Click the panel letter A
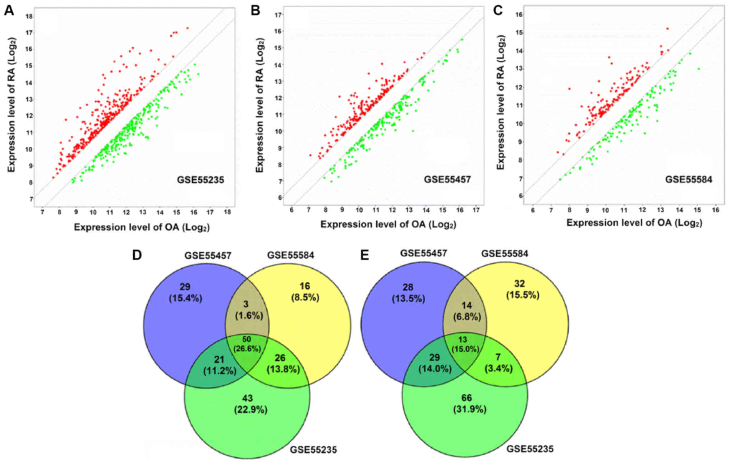coord(9,10)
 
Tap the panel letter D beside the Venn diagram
coord(137,255)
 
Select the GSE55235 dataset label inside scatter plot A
coord(200,180)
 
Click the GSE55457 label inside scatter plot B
coord(447,179)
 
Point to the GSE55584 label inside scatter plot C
coord(688,179)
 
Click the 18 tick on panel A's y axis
coord(29,16)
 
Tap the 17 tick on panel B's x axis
coord(476,209)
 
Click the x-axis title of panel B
coord(388,224)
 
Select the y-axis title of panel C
coord(500,102)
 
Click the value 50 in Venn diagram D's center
coord(247,339)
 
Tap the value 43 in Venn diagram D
coord(247,398)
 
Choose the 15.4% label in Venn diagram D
coord(185,298)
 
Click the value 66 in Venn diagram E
coord(467,398)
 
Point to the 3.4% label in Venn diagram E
coord(498,368)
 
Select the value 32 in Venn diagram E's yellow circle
coord(519,284)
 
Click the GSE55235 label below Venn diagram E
coord(530,449)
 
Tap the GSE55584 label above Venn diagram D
coord(290,255)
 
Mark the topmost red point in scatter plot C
coord(667,28)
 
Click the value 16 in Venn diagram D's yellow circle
coord(305,286)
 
